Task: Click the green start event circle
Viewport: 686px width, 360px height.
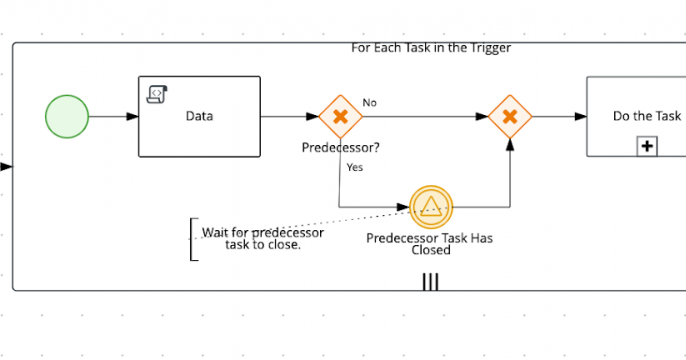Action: click(67, 117)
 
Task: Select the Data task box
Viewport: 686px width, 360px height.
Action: click(199, 117)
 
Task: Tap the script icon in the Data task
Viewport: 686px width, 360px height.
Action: click(156, 94)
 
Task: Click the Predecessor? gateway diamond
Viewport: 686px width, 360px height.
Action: click(340, 117)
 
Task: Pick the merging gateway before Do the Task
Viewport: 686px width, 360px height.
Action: click(510, 117)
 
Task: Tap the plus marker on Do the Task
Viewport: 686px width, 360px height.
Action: click(647, 147)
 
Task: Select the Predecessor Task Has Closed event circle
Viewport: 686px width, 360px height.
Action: click(431, 207)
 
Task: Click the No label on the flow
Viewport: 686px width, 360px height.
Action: click(369, 103)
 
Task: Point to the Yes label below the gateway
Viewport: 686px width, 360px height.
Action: click(354, 167)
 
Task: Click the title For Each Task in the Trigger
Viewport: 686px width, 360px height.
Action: click(431, 47)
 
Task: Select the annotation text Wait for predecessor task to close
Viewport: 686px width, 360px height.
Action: click(262, 239)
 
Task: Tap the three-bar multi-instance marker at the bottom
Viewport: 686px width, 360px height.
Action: click(430, 281)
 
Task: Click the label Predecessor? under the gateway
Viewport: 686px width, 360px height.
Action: click(340, 148)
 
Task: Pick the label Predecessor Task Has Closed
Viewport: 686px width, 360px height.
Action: click(430, 244)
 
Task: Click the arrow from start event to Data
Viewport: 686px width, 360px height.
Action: click(113, 117)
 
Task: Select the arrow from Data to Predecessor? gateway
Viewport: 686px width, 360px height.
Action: click(289, 117)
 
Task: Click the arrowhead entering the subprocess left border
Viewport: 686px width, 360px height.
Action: click(7, 167)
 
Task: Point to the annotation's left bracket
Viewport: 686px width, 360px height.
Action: click(192, 240)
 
